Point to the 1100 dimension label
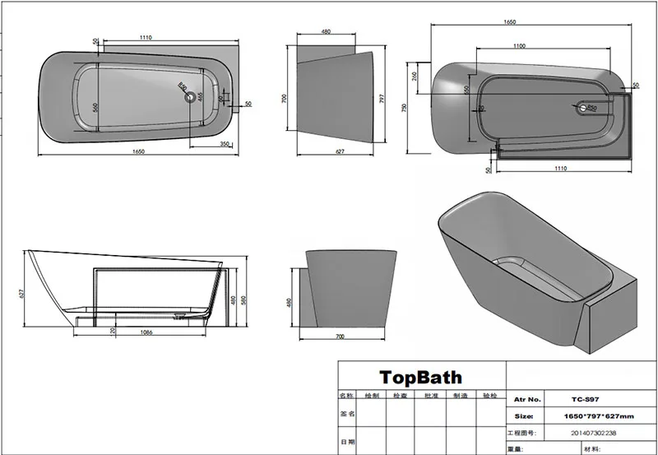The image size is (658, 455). click(x=520, y=46)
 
